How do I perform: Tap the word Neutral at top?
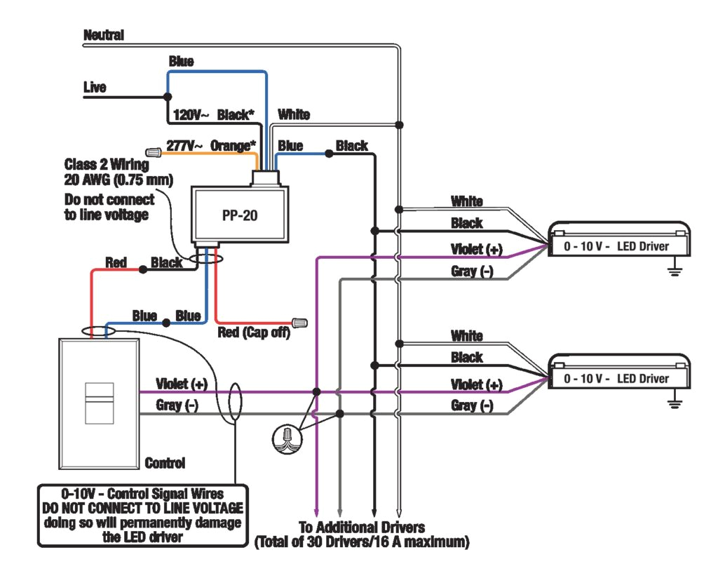click(x=104, y=34)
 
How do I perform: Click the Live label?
click(x=95, y=88)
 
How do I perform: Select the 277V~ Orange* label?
click(x=211, y=147)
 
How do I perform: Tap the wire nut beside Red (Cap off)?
click(x=299, y=323)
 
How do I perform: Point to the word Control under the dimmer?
click(x=165, y=463)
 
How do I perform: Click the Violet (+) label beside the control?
click(x=182, y=384)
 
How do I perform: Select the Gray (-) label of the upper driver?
click(x=472, y=271)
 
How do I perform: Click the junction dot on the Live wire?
click(x=167, y=96)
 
